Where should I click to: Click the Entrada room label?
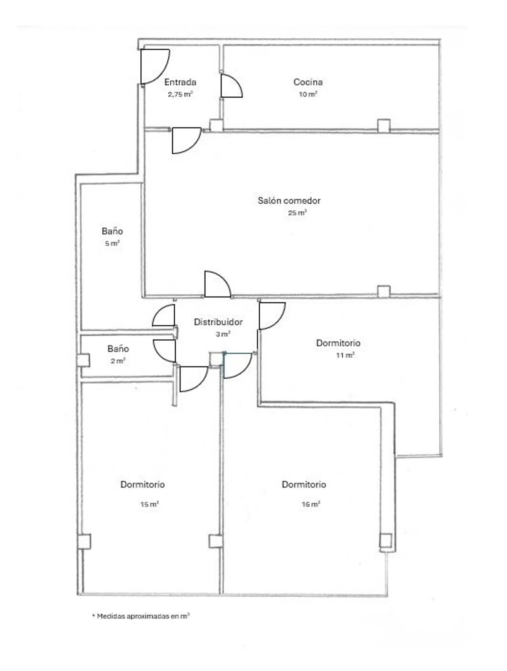point(180,82)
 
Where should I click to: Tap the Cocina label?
point(308,82)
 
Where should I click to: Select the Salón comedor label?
point(289,201)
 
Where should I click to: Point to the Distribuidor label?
point(218,322)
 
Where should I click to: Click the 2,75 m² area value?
point(180,94)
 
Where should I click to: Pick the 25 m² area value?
point(297,213)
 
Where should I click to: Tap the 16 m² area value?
point(311,504)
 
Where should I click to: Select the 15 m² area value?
point(149,504)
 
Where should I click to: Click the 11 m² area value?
point(345,355)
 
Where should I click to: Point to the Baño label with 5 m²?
point(112,231)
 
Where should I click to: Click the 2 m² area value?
point(118,361)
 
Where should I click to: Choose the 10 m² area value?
point(308,94)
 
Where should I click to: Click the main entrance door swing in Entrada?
point(155,66)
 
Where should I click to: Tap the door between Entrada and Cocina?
point(232,86)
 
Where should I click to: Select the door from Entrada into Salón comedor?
point(187,140)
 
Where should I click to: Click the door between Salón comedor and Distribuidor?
point(218,284)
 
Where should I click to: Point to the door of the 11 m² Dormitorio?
point(272,316)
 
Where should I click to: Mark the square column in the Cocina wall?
point(384,126)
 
